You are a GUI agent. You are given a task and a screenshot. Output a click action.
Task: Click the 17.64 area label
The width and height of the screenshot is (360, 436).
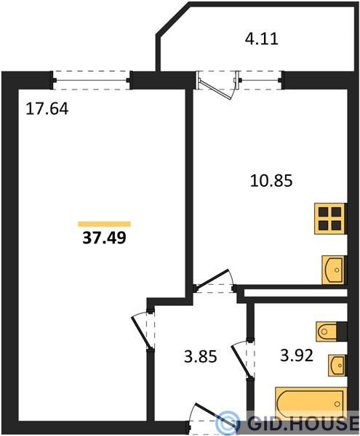coord(47,109)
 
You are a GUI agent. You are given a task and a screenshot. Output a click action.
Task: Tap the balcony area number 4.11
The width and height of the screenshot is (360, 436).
coord(262,39)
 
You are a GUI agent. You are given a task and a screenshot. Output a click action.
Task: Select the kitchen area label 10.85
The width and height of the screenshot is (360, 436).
coord(271,181)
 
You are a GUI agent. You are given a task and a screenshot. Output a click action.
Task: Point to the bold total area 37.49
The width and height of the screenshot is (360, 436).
coord(104,238)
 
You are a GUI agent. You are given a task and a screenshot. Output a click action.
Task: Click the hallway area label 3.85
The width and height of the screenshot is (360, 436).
coord(200,357)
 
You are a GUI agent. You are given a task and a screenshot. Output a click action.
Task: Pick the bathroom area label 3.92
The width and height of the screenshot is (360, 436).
coord(297,355)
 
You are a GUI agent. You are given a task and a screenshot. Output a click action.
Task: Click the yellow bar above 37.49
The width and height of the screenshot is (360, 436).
coord(105,224)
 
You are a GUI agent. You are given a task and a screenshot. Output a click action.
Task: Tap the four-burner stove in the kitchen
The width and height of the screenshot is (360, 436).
coord(330,219)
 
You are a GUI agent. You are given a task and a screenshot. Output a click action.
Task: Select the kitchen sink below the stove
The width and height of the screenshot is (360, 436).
coord(333,270)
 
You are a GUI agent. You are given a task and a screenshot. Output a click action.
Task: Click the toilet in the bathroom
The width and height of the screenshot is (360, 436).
coord(326,331)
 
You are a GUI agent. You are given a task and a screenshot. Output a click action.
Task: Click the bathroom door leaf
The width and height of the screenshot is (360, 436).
coord(241,361)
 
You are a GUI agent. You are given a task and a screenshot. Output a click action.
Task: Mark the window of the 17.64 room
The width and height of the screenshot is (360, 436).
coord(91,81)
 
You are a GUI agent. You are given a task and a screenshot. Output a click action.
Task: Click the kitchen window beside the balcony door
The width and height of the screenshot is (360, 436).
coord(260,81)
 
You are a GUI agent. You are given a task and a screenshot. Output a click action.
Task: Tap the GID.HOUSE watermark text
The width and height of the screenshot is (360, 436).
coord(303,423)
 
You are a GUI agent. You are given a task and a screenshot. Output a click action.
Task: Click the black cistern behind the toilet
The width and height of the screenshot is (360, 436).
coord(342,331)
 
